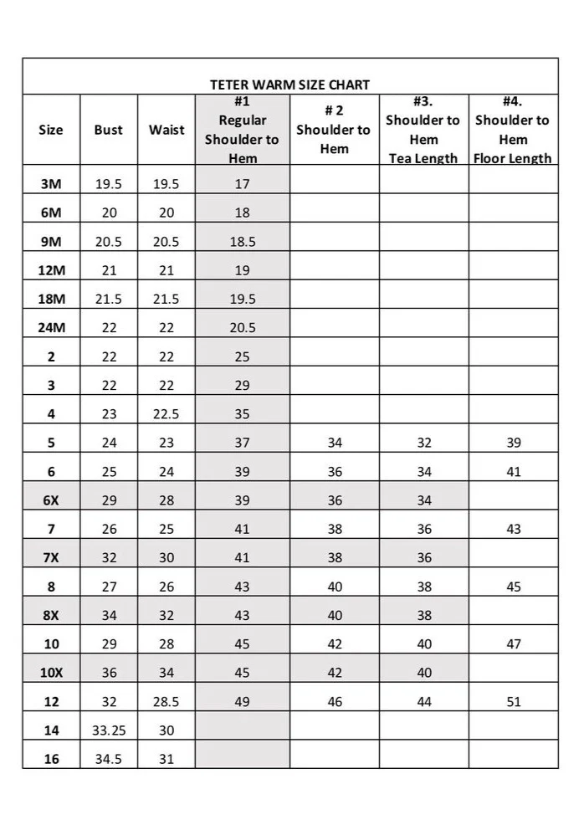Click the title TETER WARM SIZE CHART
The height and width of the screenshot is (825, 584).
289,85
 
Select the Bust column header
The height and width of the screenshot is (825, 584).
108,130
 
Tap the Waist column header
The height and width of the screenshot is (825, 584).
166,130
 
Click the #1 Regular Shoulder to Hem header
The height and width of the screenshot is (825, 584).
242,130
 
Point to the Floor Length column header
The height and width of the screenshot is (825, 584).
513,130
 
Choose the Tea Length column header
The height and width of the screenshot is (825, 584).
423,130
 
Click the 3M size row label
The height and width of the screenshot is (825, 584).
51,184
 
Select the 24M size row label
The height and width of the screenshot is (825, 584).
51,328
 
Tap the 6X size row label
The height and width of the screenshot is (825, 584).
51,500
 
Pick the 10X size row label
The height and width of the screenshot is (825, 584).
51,673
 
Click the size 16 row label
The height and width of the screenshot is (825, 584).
51,759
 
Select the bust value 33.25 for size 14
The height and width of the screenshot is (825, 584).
109,730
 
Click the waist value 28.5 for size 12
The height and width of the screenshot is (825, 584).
166,702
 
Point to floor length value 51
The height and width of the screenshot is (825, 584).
514,702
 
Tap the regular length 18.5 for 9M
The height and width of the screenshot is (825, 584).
243,242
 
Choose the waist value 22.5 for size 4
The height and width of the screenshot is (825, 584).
166,414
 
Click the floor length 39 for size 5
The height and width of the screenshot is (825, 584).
514,443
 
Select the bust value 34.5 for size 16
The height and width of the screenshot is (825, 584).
109,759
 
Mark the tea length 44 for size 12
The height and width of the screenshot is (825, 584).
424,702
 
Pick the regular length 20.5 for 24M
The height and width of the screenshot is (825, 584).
243,328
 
